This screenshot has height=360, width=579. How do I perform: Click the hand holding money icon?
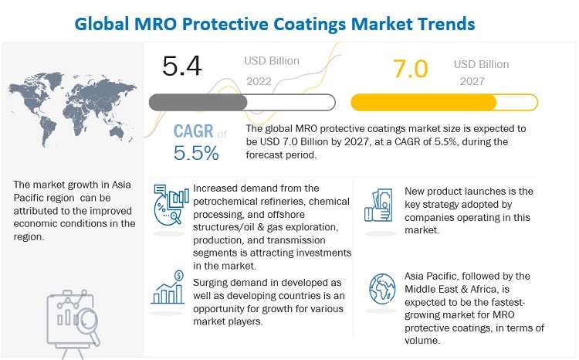click(381, 199)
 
